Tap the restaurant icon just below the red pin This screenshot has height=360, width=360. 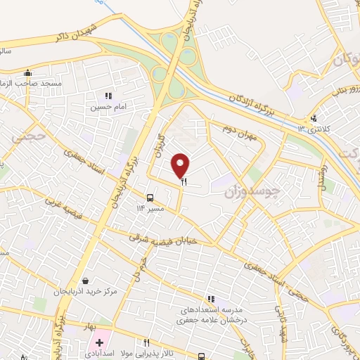[x=184, y=181]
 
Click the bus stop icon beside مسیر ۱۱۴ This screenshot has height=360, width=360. [x=150, y=198]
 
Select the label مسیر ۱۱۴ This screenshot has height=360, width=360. [x=150, y=208]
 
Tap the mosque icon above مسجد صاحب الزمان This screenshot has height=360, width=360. [x=27, y=72]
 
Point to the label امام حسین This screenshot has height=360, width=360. [x=106, y=108]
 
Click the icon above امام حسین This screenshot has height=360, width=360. [x=108, y=96]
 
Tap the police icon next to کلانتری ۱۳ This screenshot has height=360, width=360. [x=314, y=118]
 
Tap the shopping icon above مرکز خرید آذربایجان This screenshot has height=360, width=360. [x=86, y=281]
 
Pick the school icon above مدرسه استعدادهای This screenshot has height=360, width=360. [x=211, y=299]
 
